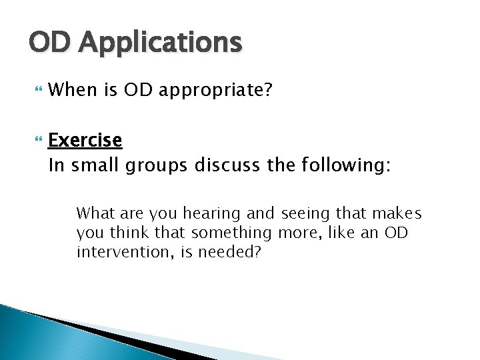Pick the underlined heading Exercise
tap(85, 141)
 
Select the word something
tap(231, 234)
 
